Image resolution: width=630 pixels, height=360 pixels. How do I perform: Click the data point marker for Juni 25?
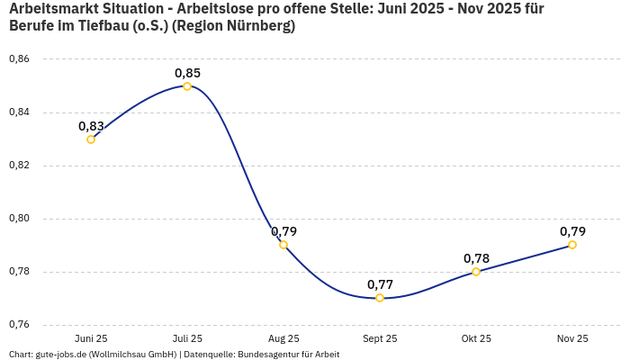click(x=91, y=139)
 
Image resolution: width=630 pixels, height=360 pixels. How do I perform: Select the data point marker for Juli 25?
click(x=187, y=86)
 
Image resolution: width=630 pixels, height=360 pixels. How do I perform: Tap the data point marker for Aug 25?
click(x=283, y=245)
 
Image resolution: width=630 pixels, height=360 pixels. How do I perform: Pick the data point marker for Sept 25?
click(x=380, y=298)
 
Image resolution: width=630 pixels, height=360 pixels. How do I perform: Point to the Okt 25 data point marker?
click(x=476, y=272)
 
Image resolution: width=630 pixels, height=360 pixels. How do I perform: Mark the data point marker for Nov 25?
click(x=572, y=245)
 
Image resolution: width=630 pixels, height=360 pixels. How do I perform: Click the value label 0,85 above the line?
click(x=187, y=73)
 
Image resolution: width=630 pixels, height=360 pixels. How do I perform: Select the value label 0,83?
click(x=91, y=126)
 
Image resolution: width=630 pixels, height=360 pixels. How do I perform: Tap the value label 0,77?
click(x=380, y=284)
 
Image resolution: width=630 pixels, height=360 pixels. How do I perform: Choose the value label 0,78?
click(x=476, y=258)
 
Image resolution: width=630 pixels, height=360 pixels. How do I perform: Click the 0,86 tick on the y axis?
click(x=19, y=59)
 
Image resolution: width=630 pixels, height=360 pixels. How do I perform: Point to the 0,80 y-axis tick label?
click(x=19, y=219)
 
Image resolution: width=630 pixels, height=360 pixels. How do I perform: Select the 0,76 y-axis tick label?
click(x=19, y=325)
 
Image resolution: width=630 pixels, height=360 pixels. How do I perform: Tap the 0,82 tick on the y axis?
click(x=19, y=166)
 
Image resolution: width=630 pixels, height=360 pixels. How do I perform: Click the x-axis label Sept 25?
click(x=380, y=339)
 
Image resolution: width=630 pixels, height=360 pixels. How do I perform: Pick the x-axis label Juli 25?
click(x=187, y=339)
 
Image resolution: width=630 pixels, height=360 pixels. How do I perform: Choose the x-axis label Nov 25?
click(x=572, y=339)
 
